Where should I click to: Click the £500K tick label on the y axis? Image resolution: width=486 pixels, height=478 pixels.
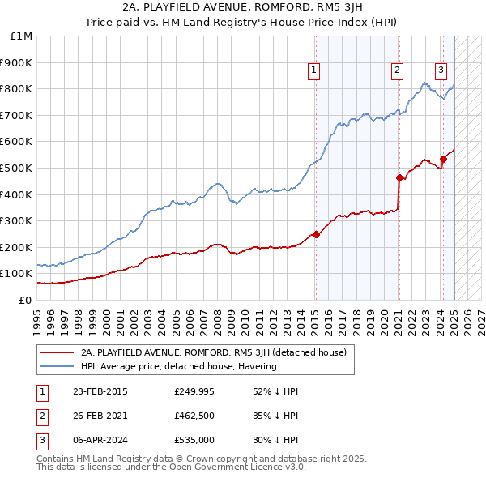(x=17, y=168)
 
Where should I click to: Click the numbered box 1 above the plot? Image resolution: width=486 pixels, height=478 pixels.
(x=314, y=71)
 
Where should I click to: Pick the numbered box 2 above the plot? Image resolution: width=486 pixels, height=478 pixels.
(x=399, y=71)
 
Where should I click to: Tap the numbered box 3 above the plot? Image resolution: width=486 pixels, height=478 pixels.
(x=441, y=71)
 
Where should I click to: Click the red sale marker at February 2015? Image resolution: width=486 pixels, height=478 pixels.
(x=316, y=234)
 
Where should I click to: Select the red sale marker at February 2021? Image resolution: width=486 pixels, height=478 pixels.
(x=399, y=177)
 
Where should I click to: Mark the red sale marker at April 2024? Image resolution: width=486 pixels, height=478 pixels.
(x=444, y=159)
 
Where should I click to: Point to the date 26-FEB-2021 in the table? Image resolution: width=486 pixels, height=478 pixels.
(x=100, y=416)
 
